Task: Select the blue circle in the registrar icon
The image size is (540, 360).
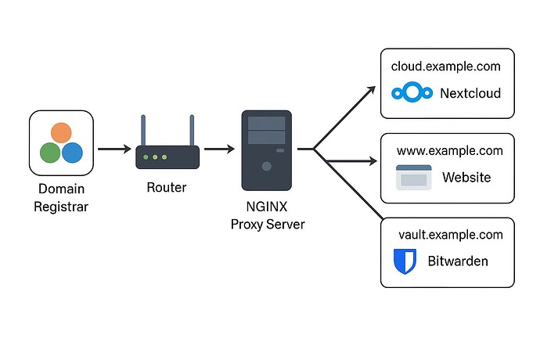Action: (73, 152)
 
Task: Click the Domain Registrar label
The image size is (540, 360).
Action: (62, 197)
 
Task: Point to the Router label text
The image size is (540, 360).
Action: (167, 188)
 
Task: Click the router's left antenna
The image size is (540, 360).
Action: (143, 131)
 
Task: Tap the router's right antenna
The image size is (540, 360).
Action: (191, 131)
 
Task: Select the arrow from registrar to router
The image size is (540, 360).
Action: (113, 148)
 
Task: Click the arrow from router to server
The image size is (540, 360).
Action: (218, 148)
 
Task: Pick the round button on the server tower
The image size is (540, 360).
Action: (267, 166)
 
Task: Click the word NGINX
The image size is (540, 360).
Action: (267, 208)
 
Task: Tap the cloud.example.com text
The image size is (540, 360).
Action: (446, 66)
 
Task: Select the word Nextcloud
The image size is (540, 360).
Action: (470, 94)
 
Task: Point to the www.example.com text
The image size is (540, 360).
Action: (449, 150)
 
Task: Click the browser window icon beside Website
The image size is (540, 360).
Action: (414, 178)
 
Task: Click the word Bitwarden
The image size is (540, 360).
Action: (458, 261)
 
